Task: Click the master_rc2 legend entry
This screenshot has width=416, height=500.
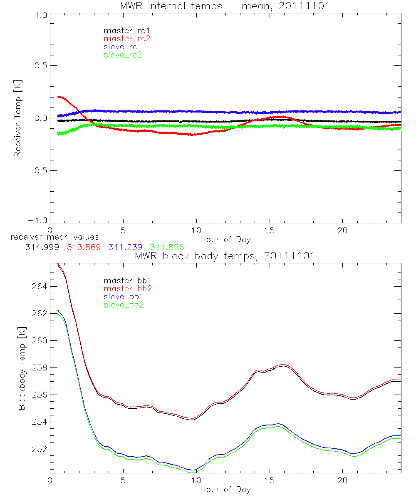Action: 126,38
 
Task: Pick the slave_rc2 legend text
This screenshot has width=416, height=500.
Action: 123,55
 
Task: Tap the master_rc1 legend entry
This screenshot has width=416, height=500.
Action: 126,30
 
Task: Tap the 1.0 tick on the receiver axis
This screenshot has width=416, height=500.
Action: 39,14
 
